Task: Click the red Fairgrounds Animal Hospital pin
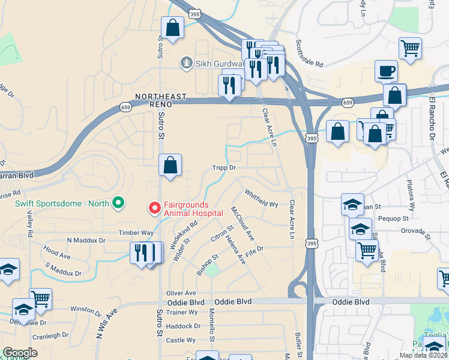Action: [155, 208]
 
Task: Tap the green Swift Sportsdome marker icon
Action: [118, 203]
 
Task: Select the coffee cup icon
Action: [386, 71]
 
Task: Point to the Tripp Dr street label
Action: [223, 169]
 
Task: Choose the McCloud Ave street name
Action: [243, 222]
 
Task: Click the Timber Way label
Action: [136, 233]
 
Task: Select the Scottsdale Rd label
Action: [309, 53]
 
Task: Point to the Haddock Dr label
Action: [184, 326]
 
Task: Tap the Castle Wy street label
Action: [181, 340]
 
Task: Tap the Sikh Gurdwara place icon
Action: [187, 62]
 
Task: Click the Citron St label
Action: [222, 235]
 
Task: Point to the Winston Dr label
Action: [86, 310]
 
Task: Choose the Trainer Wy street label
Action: [182, 312]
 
